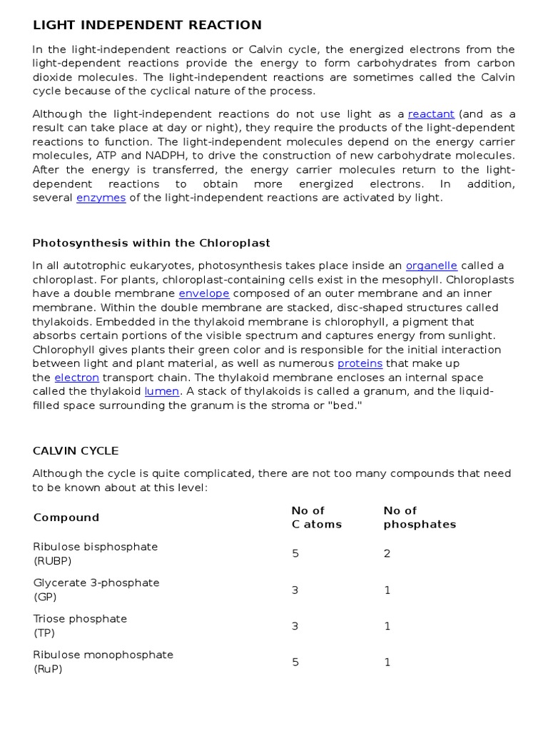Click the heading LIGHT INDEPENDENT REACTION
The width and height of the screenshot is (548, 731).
coord(147,26)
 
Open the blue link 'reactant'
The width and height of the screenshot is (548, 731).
coord(431,114)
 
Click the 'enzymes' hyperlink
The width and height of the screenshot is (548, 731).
coord(101,198)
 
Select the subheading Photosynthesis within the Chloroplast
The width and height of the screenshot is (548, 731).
coord(151,243)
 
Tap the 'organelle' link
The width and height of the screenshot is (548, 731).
coord(431,266)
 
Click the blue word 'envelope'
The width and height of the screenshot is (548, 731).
coord(204,294)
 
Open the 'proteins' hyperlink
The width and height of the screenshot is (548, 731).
coord(360,363)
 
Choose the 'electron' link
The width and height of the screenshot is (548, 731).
coord(76,378)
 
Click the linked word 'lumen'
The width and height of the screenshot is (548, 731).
coord(161,391)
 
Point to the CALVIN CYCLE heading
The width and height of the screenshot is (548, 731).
coord(76,451)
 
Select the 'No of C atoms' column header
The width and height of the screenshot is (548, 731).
coord(316,518)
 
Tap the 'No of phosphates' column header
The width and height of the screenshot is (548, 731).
coord(420,518)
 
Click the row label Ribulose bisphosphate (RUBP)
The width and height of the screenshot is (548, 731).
coord(95,553)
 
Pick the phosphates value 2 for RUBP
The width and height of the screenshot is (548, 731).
coord(387,554)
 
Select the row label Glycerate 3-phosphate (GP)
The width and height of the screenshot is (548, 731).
coord(96,590)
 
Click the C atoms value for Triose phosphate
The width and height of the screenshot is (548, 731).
coord(295,626)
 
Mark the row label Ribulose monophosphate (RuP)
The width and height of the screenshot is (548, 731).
coord(103,662)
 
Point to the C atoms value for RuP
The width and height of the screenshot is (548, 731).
coord(295,662)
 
